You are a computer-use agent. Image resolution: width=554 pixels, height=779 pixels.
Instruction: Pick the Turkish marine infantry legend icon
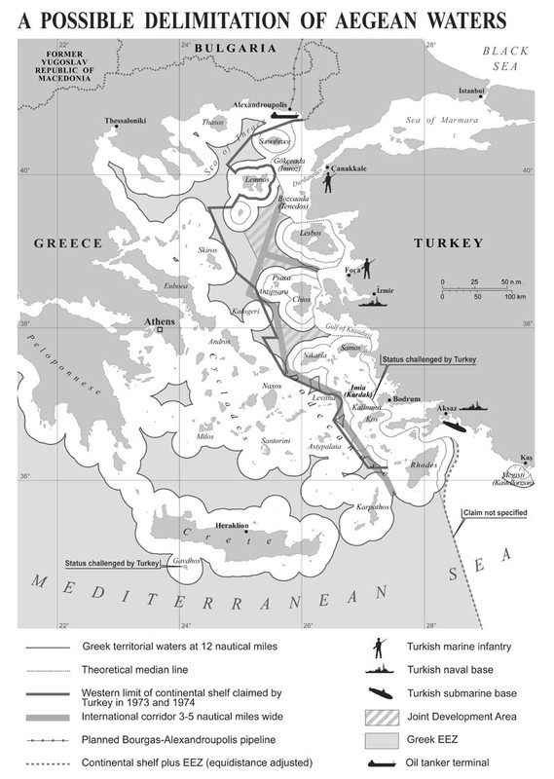coord(375,648)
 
